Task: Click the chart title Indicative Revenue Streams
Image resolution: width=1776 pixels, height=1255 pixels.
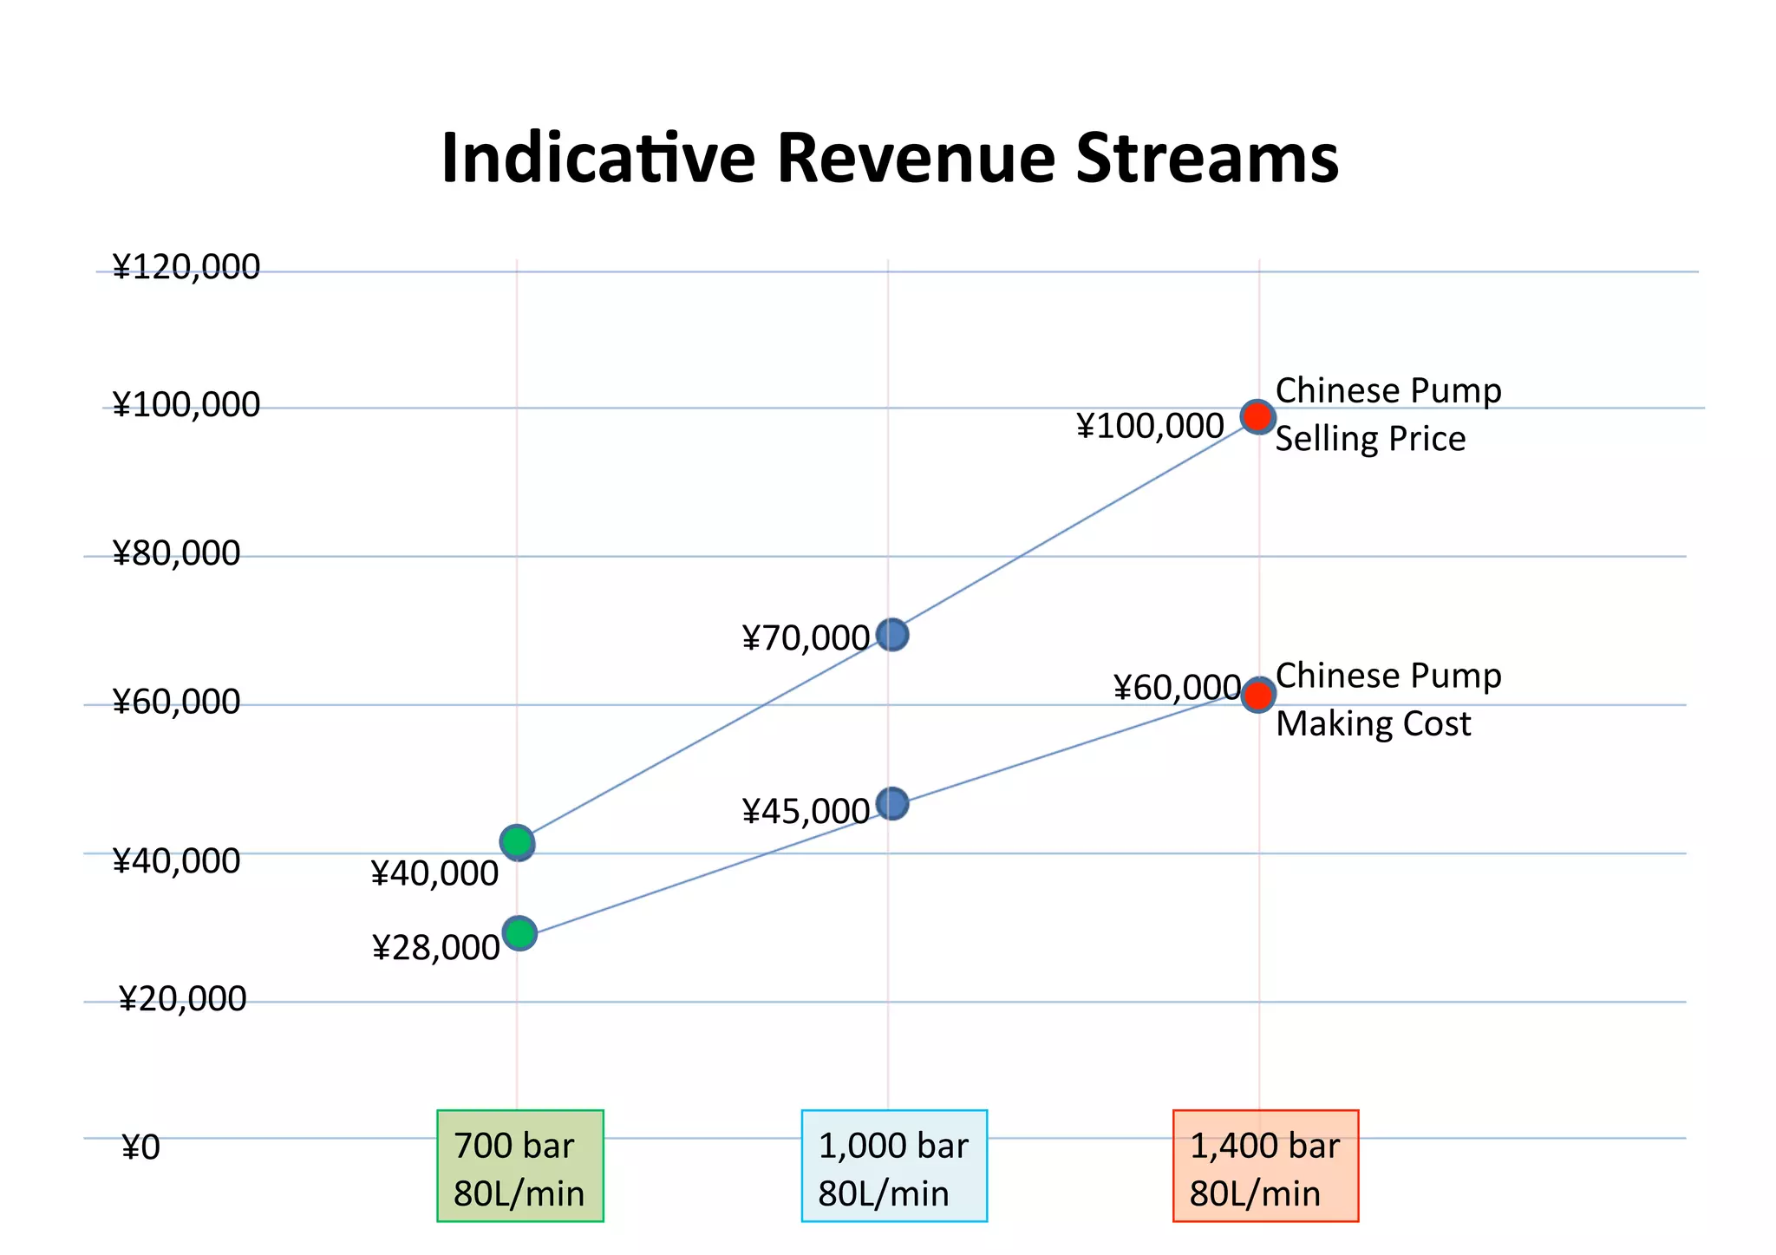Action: [890, 159]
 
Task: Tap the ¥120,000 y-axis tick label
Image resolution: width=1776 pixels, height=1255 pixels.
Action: [186, 267]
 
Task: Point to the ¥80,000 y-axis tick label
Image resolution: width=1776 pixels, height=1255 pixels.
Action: [176, 553]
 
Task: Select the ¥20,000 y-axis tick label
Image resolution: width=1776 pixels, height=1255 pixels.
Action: [182, 999]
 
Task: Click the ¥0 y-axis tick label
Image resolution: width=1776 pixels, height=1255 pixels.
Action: [141, 1147]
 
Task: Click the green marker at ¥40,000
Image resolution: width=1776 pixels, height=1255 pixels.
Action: [517, 841]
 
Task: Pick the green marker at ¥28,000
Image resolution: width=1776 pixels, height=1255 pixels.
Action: [519, 933]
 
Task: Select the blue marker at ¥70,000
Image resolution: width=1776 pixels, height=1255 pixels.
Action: [891, 635]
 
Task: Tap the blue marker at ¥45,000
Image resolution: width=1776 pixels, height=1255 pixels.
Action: [891, 804]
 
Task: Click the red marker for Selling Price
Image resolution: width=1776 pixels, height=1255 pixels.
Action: [1257, 417]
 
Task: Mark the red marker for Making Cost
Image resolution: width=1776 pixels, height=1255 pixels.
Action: [1257, 695]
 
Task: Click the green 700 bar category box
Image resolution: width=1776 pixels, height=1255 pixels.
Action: [519, 1166]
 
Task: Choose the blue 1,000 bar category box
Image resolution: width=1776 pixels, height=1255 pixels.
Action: [893, 1166]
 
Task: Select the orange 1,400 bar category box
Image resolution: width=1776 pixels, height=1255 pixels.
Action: [1265, 1166]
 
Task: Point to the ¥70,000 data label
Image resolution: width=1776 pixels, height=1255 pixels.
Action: [806, 638]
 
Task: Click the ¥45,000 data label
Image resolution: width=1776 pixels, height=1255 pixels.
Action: [806, 812]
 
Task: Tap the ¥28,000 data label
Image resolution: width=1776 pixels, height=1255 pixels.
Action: [435, 948]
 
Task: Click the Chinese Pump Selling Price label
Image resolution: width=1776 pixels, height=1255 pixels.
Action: [1387, 415]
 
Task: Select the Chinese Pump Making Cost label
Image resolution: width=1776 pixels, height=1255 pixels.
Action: [1387, 699]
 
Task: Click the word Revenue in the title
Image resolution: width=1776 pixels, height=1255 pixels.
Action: [916, 159]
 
